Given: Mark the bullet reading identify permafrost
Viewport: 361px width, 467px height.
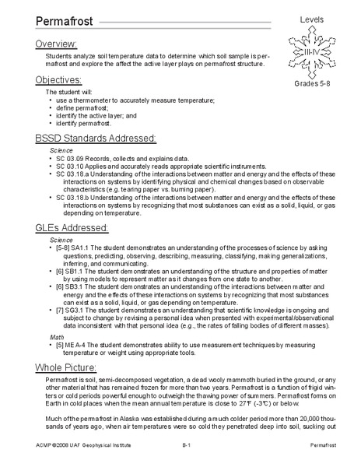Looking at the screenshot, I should point(86,123).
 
